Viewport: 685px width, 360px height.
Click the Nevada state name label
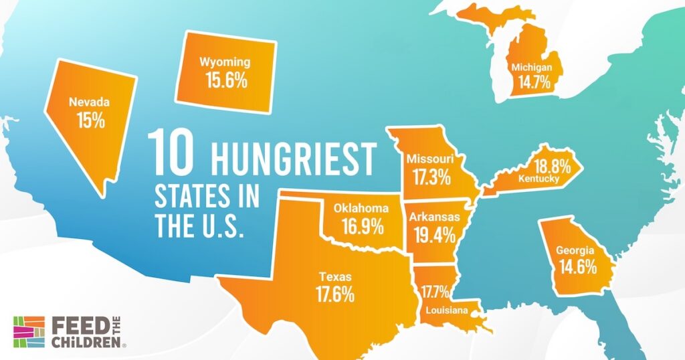89,103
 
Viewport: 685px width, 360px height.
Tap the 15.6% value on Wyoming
226,81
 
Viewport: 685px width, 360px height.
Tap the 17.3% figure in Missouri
431,179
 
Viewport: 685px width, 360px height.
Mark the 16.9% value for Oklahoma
363,226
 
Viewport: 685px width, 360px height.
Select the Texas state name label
335,275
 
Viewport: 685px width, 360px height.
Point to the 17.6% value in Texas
335,294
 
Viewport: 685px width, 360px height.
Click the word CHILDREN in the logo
87,342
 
